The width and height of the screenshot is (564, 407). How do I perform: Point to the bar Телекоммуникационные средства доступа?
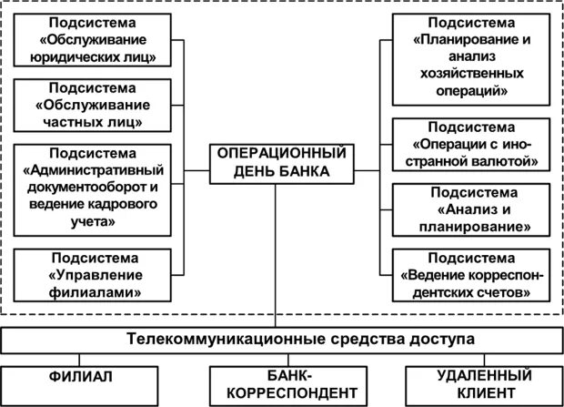[x=282, y=340]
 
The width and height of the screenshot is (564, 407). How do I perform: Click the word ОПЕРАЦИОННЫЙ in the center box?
[x=282, y=153]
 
